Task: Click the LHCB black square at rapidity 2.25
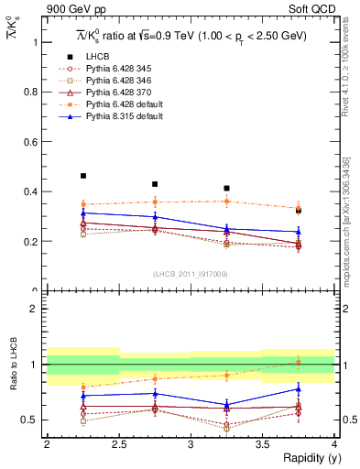click(83, 176)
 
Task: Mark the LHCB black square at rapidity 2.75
click(155, 184)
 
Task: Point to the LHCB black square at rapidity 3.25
click(226, 188)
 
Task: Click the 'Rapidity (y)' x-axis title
click(305, 458)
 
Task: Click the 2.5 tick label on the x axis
click(119, 444)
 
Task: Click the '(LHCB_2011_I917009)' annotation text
click(190, 273)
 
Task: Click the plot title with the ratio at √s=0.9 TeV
click(190, 36)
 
